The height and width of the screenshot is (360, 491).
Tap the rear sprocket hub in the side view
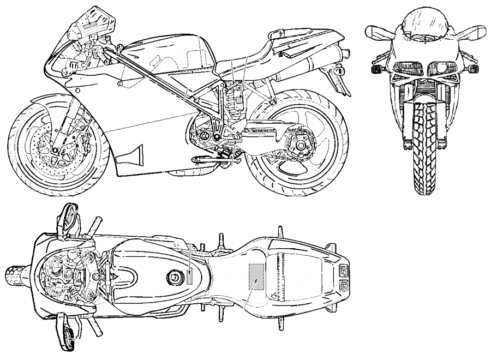(x=299, y=146)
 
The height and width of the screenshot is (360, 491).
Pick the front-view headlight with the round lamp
(x=440, y=68)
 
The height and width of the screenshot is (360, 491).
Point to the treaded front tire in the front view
(x=424, y=147)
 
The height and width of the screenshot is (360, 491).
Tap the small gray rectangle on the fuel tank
(x=190, y=277)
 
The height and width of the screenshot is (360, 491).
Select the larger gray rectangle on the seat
(x=256, y=276)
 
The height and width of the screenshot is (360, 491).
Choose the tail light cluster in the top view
(x=344, y=277)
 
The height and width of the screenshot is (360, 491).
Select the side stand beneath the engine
(x=210, y=159)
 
